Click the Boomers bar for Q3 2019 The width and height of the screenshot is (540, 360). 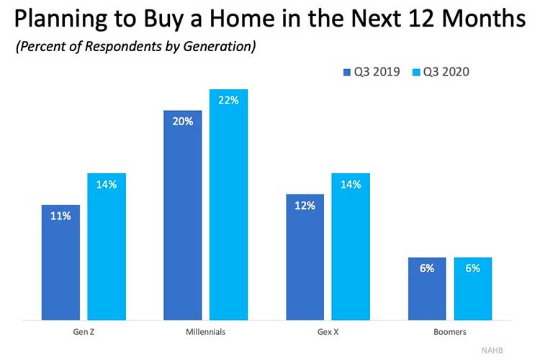[427, 289]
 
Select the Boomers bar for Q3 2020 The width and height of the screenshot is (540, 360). [472, 289]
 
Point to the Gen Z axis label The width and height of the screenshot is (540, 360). [83, 333]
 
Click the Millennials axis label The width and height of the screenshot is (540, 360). [205, 333]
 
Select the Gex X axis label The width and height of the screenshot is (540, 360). [328, 333]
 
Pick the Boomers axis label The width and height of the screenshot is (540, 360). [450, 333]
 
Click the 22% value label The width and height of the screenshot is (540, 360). [229, 101]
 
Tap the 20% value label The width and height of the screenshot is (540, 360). [183, 122]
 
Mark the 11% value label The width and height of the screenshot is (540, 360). [60, 216]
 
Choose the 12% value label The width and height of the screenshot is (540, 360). [305, 205]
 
